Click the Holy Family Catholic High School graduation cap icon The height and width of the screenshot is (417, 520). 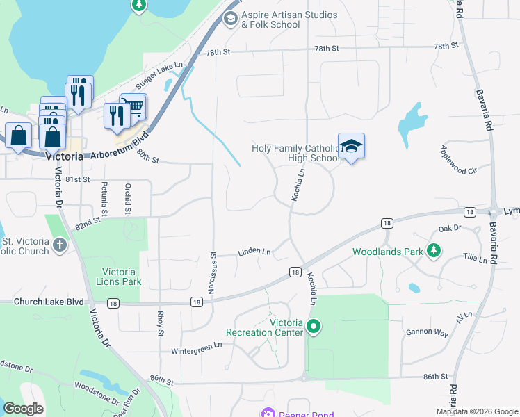tap(351, 147)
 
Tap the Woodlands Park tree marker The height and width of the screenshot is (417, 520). tap(434, 250)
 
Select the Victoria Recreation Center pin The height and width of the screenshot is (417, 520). tap(314, 325)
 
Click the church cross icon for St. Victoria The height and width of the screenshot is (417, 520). tap(60, 244)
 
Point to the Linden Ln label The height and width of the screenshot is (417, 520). tap(254, 252)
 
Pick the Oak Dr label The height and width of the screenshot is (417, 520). tap(450, 228)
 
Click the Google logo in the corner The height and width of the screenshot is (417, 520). tap(24, 409)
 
